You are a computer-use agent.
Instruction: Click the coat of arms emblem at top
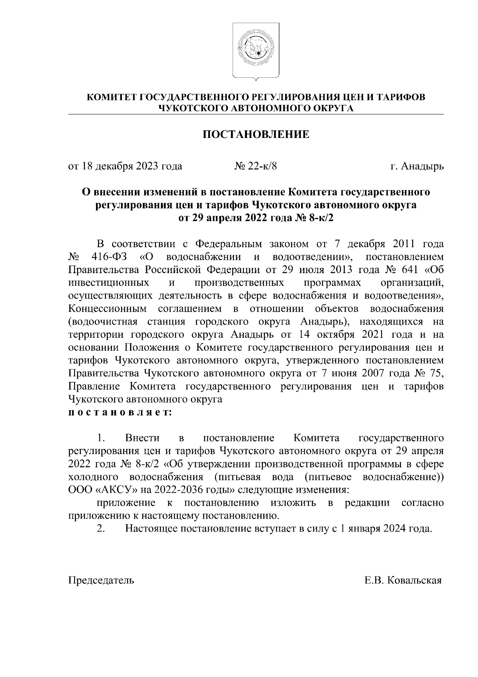click(x=256, y=51)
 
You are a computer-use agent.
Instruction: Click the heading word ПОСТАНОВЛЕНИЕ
click(x=256, y=134)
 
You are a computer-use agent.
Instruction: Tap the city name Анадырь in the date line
click(x=421, y=166)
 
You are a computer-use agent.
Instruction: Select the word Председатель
click(x=101, y=580)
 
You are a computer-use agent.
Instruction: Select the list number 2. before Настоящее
click(x=101, y=529)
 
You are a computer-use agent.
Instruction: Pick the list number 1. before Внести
click(x=101, y=438)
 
